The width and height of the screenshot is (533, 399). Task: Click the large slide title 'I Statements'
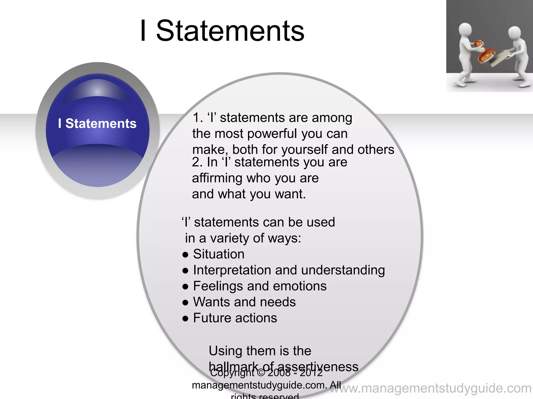(x=222, y=31)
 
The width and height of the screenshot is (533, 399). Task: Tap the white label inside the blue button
(x=97, y=123)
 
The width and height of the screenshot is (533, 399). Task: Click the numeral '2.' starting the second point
(x=197, y=162)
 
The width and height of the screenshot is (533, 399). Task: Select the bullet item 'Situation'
(x=219, y=254)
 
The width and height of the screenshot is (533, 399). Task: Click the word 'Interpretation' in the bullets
(x=232, y=270)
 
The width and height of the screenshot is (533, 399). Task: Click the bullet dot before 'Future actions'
(x=185, y=319)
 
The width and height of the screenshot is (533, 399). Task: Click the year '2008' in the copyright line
(x=279, y=373)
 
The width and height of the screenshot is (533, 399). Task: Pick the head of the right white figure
(x=514, y=34)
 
